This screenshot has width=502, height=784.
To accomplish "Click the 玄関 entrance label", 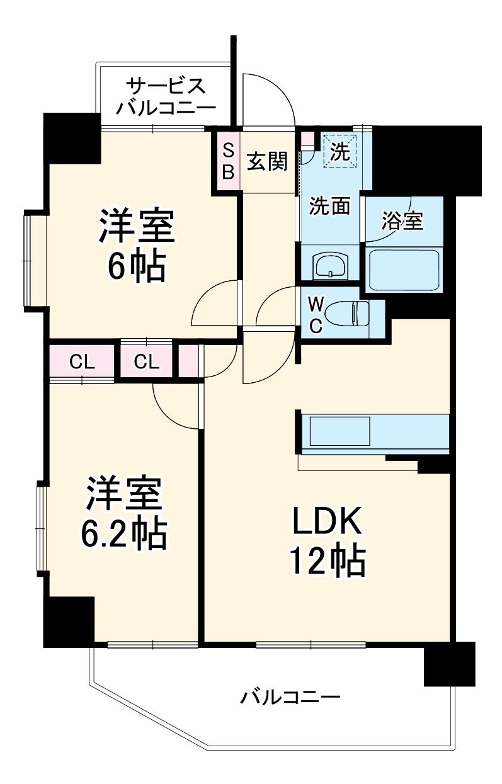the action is (x=267, y=161).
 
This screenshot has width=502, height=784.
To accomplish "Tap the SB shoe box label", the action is (x=228, y=161).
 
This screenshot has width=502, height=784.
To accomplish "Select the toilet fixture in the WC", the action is (x=347, y=312).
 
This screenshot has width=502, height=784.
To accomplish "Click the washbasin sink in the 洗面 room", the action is (x=331, y=265).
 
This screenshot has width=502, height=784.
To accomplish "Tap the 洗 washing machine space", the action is (x=339, y=151).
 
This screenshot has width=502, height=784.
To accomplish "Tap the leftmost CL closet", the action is (x=82, y=362).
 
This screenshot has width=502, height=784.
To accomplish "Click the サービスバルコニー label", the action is (x=166, y=96).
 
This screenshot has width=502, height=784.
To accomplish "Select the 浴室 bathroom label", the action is (x=402, y=220).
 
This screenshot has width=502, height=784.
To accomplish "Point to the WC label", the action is (x=316, y=315).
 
